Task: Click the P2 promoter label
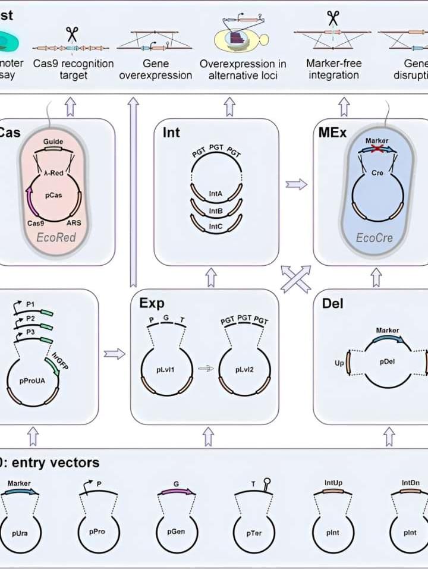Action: pos(29,318)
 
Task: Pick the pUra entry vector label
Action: pos(20,533)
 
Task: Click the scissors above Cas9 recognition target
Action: pos(72,33)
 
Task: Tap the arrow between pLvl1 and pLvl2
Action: pos(205,369)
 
